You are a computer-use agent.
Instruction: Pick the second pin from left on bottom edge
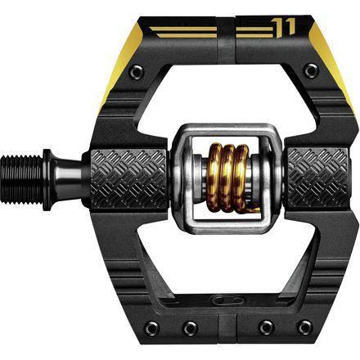(190, 328)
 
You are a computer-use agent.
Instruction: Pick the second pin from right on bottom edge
(265, 328)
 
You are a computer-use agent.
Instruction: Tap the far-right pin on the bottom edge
(304, 328)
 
